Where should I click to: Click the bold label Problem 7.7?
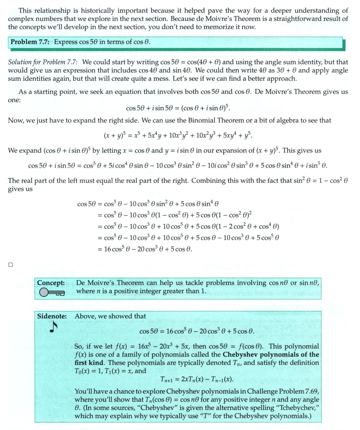click(31, 42)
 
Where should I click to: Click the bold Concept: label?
click(51, 283)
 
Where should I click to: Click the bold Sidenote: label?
click(52, 316)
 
